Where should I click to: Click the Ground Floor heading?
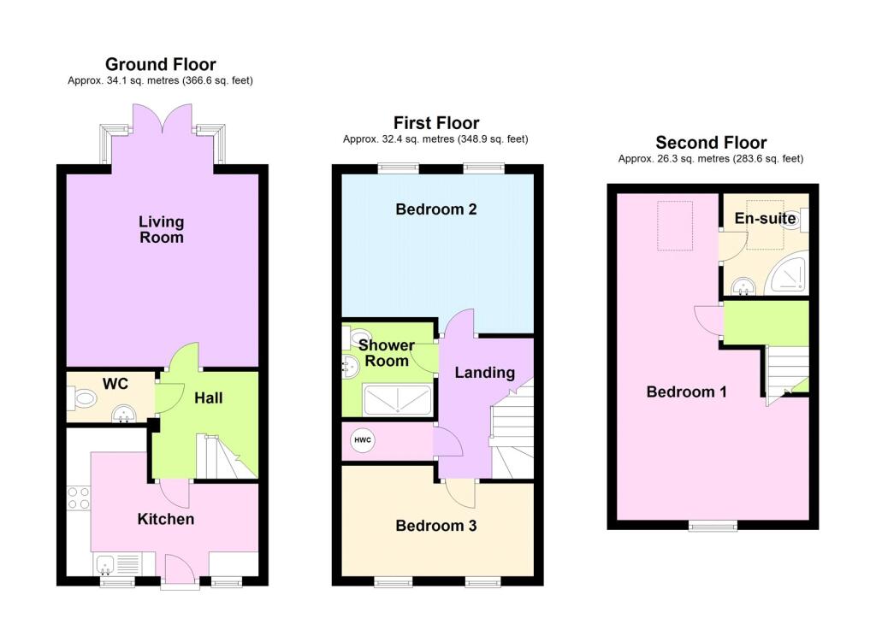(160, 64)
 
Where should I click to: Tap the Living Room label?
(161, 229)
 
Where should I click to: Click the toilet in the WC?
(85, 398)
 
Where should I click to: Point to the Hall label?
(208, 398)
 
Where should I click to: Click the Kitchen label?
(166, 519)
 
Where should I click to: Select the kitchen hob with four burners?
(79, 498)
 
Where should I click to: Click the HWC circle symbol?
(363, 440)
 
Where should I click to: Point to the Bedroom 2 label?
(435, 209)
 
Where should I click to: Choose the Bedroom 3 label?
(435, 526)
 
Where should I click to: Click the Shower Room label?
(386, 353)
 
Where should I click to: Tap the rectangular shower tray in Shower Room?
(398, 399)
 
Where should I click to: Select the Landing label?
(484, 373)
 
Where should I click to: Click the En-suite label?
(765, 219)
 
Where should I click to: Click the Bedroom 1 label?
(686, 392)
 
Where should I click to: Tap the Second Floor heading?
(710, 143)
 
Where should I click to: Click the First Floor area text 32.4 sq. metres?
(435, 139)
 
